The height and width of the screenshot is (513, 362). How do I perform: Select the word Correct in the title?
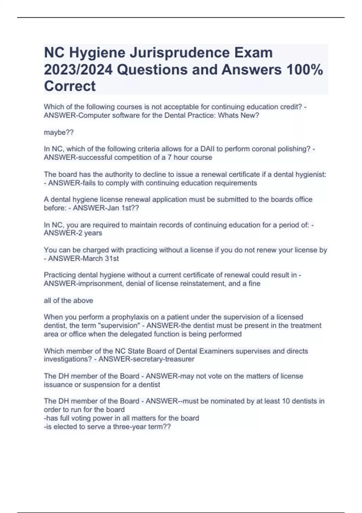pyautogui.click(x=70, y=86)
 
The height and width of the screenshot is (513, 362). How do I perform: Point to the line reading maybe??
pyautogui.click(x=59, y=132)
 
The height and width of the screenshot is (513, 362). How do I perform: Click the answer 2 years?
pyautogui.click(x=90, y=233)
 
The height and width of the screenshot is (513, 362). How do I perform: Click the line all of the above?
pyautogui.click(x=68, y=301)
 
